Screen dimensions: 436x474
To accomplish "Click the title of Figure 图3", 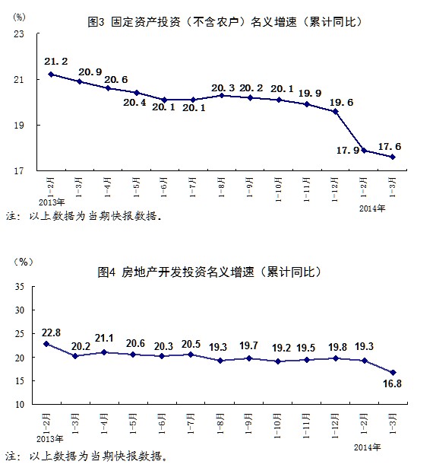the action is [225, 22].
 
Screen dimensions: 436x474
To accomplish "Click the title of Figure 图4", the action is [210, 272].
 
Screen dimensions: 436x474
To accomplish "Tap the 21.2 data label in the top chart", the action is [55, 62].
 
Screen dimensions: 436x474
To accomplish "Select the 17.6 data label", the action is [390, 147].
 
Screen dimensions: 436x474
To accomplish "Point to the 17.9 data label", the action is [348, 150].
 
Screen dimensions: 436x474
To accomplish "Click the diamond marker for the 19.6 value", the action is [335, 111].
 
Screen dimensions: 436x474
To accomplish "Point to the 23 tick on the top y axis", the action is [19, 33].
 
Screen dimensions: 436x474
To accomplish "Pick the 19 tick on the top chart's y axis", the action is [19, 125].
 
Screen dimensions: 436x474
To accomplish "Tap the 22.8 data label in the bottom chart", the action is [51, 332].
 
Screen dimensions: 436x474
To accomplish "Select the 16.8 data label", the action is [392, 383].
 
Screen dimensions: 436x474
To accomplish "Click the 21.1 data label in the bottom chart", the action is [104, 339].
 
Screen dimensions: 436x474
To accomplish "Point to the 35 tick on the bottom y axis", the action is [19, 287].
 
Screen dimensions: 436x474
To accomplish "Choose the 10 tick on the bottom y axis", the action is [19, 404].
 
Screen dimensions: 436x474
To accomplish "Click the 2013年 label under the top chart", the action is [52, 202].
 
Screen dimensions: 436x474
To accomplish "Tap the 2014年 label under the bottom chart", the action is [368, 447].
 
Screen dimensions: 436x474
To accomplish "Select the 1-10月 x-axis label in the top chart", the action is [278, 189].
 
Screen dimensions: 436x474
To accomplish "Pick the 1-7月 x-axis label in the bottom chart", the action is [191, 424].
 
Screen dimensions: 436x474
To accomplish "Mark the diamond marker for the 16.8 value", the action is [393, 373].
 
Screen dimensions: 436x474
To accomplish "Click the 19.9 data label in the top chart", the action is [310, 94].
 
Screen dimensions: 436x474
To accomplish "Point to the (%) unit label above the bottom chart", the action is [24, 262].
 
